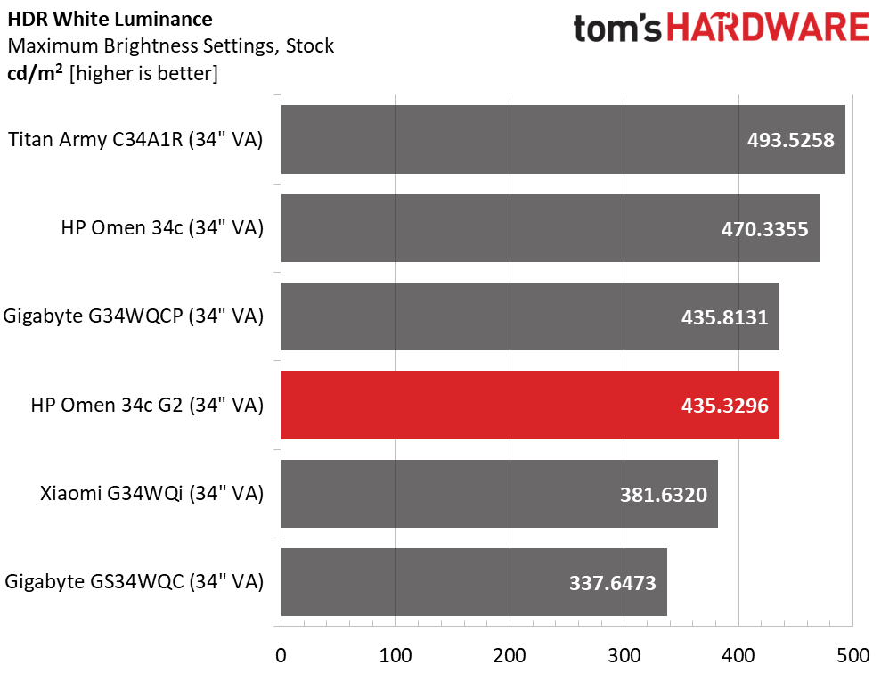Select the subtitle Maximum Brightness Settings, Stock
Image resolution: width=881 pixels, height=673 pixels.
click(170, 45)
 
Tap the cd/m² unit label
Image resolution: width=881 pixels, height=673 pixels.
click(35, 73)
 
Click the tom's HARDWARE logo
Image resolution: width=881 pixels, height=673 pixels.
click(721, 29)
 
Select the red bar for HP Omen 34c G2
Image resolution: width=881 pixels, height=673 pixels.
click(530, 405)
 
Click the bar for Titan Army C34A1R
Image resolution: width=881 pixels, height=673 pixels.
click(562, 139)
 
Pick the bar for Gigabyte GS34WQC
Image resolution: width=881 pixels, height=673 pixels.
click(473, 582)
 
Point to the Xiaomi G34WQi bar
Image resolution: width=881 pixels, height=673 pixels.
click(499, 494)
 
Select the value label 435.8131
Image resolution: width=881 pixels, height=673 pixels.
click(723, 317)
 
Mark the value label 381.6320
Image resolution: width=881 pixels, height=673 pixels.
click(663, 494)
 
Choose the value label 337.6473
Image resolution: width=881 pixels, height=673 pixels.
click(612, 583)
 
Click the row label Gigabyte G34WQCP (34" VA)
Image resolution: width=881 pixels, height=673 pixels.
click(134, 316)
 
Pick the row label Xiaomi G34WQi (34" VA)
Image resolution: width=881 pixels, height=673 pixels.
click(151, 493)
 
